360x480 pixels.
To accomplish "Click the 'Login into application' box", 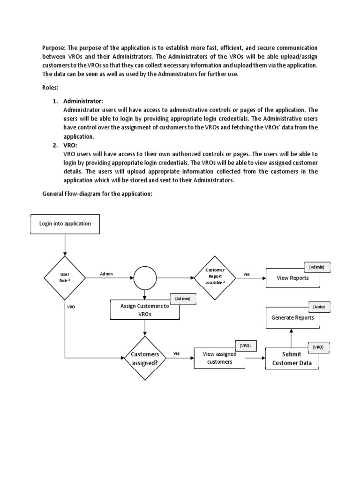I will [x=65, y=224].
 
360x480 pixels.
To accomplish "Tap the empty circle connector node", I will [x=146, y=277].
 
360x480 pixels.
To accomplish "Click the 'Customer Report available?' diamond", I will [x=215, y=277].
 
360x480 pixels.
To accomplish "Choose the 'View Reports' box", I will [x=293, y=278].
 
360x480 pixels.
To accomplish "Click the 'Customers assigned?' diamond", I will [x=145, y=358].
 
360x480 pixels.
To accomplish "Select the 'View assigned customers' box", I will [x=219, y=359].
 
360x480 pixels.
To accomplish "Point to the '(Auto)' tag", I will [x=319, y=307].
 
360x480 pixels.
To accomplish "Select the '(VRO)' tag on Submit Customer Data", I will [x=318, y=347].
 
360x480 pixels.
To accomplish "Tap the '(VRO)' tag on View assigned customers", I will [x=245, y=345].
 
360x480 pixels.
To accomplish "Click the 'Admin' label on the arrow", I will [x=106, y=274].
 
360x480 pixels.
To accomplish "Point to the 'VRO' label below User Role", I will [x=71, y=307].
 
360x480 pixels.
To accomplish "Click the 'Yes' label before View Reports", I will [x=247, y=274].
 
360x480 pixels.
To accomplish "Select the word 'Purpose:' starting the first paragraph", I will [x=54, y=48].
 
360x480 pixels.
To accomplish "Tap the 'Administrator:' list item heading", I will [x=83, y=101].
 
